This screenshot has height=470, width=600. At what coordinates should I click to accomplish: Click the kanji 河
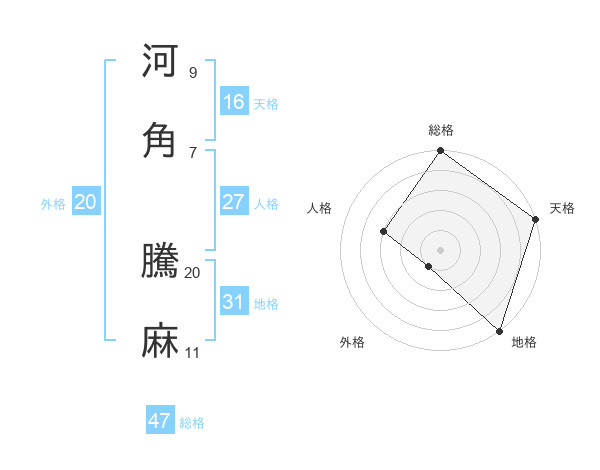[161, 61]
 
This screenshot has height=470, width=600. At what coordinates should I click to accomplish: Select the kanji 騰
[161, 262]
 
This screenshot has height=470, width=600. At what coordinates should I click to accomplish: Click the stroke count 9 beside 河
[193, 73]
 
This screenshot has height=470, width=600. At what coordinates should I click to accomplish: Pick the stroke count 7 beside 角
[193, 152]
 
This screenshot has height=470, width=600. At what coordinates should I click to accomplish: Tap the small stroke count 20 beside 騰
[193, 272]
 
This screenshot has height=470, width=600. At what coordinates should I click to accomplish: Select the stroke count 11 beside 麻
[193, 353]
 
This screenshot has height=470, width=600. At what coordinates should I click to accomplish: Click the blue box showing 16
[234, 101]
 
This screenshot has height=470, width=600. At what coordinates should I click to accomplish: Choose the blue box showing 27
[234, 202]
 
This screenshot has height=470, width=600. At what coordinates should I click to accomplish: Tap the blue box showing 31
[234, 302]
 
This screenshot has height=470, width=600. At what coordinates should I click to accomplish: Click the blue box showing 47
[160, 421]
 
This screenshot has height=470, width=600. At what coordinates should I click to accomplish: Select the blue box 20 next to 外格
[86, 202]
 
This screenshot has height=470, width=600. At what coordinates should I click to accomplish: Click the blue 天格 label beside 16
[265, 103]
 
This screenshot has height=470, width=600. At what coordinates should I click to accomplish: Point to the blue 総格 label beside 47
[192, 423]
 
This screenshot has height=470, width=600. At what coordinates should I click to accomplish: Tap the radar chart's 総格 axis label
[441, 130]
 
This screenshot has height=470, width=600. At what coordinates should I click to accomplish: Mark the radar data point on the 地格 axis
[500, 330]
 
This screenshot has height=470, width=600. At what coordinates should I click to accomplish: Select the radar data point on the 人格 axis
[383, 231]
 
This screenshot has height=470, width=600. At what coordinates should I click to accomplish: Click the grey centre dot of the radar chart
[440, 249]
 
